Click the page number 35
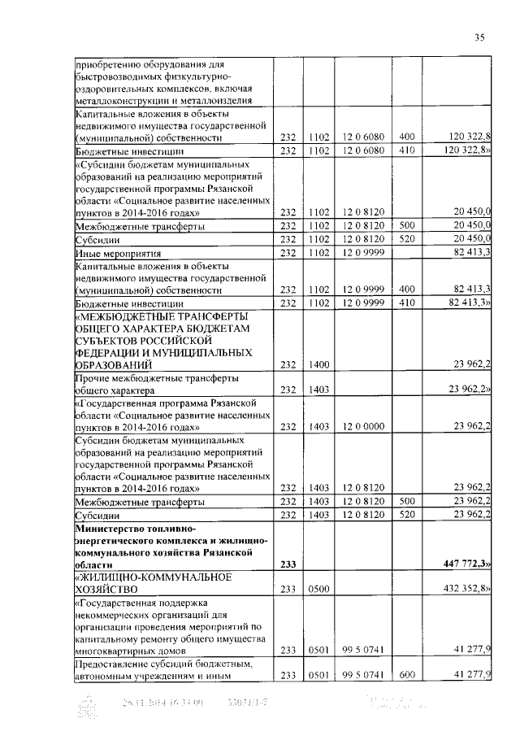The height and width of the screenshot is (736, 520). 479,37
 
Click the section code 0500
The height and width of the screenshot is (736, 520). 318,587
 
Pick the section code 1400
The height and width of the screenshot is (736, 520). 318,365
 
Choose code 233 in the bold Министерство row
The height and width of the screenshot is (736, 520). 288,563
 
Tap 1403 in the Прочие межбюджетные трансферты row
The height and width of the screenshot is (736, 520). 318,390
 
